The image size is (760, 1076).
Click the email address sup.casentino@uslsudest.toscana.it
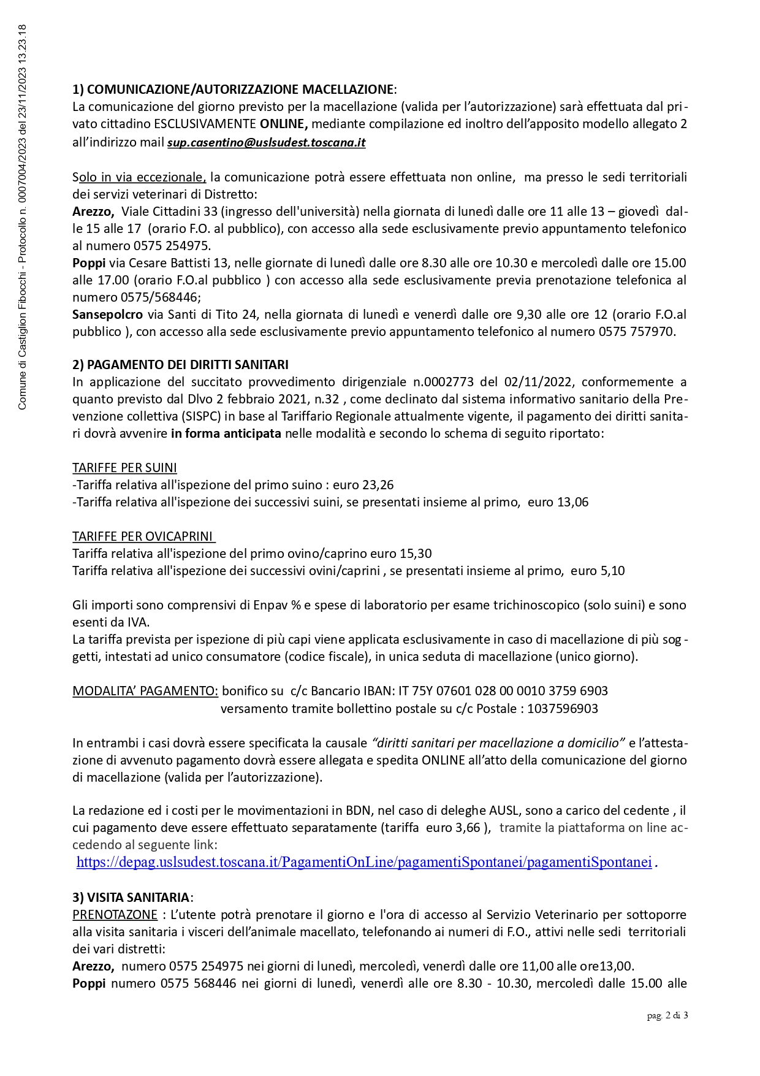pyautogui.click(x=266, y=143)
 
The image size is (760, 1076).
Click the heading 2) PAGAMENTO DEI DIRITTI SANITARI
pyautogui.click(x=180, y=365)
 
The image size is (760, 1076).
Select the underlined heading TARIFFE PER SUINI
pyautogui.click(x=124, y=468)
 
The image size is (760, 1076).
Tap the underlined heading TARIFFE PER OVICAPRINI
pyautogui.click(x=143, y=536)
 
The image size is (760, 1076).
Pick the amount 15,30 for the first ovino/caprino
pyautogui.click(x=416, y=554)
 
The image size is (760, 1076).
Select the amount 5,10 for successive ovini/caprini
pyautogui.click(x=612, y=571)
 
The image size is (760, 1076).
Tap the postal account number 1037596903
pyautogui.click(x=562, y=709)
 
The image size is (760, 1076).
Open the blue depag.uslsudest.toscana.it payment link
pyautogui.click(x=363, y=862)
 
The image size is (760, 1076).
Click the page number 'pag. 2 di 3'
pyautogui.click(x=667, y=1016)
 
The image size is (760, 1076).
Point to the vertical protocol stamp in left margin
pyautogui.click(x=22, y=217)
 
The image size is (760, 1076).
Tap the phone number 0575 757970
pyautogui.click(x=636, y=332)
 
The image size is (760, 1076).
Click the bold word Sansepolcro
pyautogui.click(x=107, y=315)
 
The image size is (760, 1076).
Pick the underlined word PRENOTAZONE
pyautogui.click(x=115, y=915)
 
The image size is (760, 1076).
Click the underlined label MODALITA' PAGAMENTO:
pyautogui.click(x=145, y=691)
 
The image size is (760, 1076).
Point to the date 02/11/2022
pyautogui.click(x=538, y=382)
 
